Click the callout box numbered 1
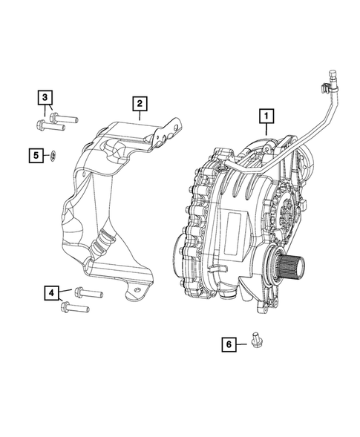(266, 116)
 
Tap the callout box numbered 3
(45, 97)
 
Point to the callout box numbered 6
(229, 344)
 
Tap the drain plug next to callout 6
(256, 341)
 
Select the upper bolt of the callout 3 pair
(63, 116)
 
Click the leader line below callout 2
(140, 116)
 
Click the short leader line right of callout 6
(243, 344)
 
